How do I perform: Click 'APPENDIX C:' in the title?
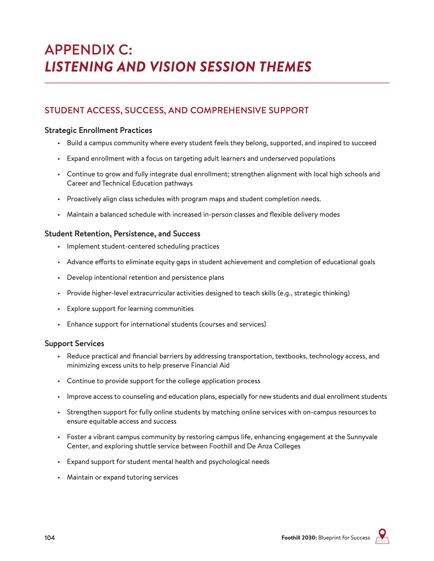(88, 50)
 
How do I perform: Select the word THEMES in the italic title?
(285, 67)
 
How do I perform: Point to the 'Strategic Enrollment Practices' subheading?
(98, 131)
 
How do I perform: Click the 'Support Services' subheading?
(74, 344)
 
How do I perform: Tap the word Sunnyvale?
(362, 437)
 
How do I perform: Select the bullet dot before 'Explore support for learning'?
(59, 309)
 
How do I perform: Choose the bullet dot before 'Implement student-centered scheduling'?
(59, 247)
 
